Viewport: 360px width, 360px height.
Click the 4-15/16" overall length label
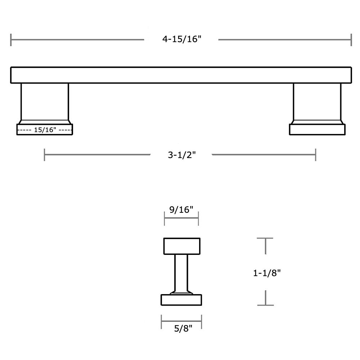[181, 39]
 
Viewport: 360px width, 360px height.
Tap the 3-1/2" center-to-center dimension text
[181, 155]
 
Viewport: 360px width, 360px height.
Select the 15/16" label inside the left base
[45, 130]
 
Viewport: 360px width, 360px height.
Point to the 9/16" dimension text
[181, 210]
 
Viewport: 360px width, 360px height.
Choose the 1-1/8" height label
[267, 273]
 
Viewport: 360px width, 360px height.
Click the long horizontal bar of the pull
[181, 75]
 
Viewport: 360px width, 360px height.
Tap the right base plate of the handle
[317, 130]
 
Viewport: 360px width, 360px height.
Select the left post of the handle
[45, 102]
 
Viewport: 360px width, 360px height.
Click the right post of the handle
[317, 102]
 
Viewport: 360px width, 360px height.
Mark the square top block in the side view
[182, 246]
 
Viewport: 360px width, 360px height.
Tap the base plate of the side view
[181, 300]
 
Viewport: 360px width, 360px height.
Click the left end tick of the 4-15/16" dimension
[11, 40]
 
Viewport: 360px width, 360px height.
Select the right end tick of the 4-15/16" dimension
[351, 40]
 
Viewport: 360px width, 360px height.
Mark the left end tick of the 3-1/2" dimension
[44, 155]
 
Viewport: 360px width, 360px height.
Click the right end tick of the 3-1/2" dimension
[316, 155]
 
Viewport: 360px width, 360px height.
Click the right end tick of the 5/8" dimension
[201, 321]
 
